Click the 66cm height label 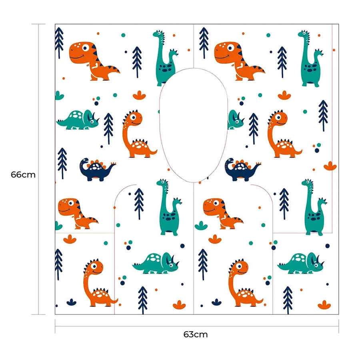pos(23,175)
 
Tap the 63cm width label pos(195,334)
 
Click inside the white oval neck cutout pos(194,125)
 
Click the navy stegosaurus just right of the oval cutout pos(242,170)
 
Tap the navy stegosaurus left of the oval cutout pos(97,170)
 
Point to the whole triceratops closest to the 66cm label pos(78,120)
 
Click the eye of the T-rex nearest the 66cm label pos(71,203)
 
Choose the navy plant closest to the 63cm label pos(216,302)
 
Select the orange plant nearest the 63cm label pos(179,305)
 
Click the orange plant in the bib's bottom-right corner pos(324,305)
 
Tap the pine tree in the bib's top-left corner pos(59,43)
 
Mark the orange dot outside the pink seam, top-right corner pos(334,50)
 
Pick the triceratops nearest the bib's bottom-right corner pos(300,263)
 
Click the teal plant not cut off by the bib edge pos(201,226)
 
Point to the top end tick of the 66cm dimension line pos(38,24)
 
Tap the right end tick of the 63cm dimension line pos(339,326)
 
